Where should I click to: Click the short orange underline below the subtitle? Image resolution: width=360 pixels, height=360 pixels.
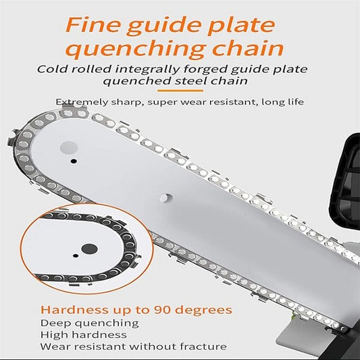tap(180, 91)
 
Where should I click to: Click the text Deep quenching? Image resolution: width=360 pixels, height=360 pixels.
tap(90, 324)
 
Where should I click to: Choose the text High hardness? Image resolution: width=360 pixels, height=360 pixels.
tap(84, 335)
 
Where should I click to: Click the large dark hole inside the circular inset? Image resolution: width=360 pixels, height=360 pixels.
tap(90, 249)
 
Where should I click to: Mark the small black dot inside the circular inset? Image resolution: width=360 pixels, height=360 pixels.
tap(75, 255)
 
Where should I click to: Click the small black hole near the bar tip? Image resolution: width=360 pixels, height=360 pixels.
tap(74, 161)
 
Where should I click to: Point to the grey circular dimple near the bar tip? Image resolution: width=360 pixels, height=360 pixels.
tap(69, 148)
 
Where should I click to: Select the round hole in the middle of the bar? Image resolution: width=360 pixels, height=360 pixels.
tap(166, 198)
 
